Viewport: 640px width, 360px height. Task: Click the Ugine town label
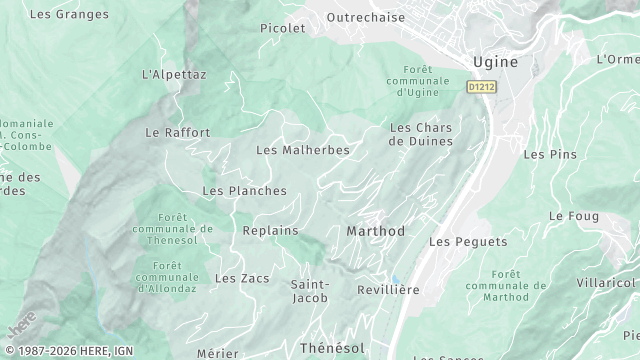point(495,62)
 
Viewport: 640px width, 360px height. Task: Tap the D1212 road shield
point(481,88)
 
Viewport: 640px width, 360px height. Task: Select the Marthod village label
point(375,231)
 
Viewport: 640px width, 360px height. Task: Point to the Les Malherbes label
point(303,150)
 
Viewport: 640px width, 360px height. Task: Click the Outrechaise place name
point(366,17)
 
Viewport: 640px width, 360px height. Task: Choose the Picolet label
point(282,28)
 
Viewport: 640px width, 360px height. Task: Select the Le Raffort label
point(178,132)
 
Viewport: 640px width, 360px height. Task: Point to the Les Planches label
point(244,190)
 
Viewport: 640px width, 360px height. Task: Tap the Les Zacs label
point(242,278)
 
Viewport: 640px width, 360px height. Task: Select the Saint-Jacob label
point(310,290)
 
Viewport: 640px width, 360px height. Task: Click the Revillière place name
point(388,289)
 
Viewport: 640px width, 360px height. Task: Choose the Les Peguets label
point(467,242)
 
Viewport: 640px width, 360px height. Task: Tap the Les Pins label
point(550,154)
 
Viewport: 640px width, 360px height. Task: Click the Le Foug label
point(573,216)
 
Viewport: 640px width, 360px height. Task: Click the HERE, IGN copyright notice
point(68,351)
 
